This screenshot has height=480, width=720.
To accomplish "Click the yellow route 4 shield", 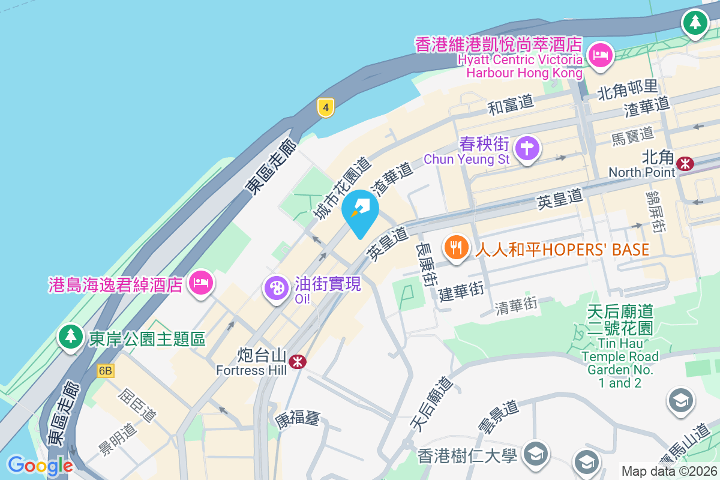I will tap(325, 108).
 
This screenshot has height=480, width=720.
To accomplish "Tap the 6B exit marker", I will tap(105, 371).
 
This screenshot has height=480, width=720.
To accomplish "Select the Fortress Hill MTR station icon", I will tap(297, 361).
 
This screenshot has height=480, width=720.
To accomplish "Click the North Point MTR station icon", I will tap(685, 163).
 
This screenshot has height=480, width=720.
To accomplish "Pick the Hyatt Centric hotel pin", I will tap(599, 56).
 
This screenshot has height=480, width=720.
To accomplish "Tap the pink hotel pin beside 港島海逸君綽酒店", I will tap(200, 283).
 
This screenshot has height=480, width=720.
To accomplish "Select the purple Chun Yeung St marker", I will tap(527, 148).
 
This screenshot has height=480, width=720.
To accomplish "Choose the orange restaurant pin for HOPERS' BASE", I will tap(457, 247).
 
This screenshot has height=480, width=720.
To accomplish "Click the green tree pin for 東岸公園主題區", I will tap(71, 337).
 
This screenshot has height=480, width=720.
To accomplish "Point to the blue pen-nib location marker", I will tap(360, 210).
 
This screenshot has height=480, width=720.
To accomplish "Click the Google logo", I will tap(40, 466).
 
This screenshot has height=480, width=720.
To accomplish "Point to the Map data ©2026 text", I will tap(668, 471).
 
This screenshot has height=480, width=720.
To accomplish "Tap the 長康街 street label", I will tap(427, 264).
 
